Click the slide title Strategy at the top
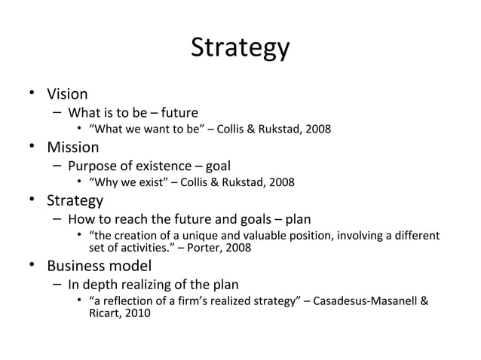240,47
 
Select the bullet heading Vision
67,94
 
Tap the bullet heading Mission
73,147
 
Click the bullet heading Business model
99,265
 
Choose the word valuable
253,236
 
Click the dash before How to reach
57,219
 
